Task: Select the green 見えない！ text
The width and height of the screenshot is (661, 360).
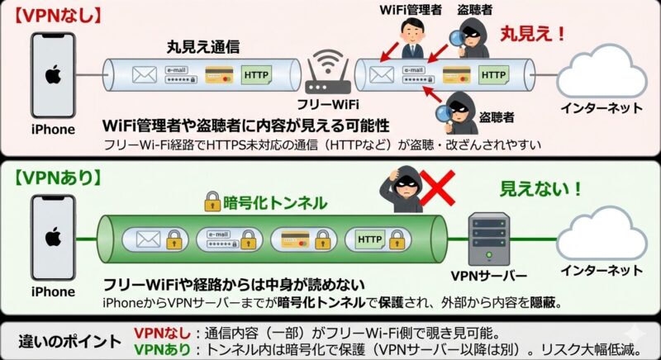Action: tap(540, 189)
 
